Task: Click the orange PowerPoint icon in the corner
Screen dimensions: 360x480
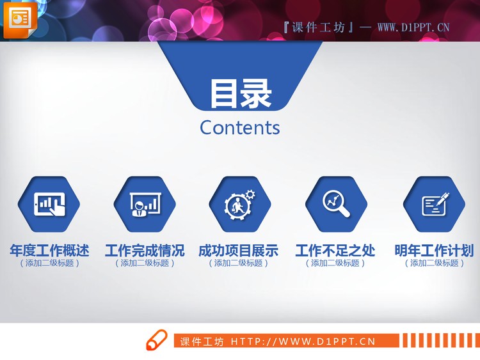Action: coord(20,19)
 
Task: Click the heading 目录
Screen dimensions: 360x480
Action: coord(241,93)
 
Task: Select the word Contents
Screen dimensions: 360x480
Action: coord(240,127)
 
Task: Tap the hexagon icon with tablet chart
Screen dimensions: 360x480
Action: coord(49,204)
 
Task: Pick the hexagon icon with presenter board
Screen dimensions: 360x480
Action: coord(145,204)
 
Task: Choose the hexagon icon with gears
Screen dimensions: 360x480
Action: coord(239,204)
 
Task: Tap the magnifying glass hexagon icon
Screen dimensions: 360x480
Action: coord(336,203)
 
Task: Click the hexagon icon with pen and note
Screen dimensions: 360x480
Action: coord(435,204)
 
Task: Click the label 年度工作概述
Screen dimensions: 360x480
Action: coord(49,250)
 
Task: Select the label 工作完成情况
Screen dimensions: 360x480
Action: coord(145,250)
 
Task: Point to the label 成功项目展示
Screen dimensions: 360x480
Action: coord(239,250)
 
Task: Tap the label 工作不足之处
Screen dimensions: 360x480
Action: coord(335,250)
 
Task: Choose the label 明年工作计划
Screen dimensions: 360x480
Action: coord(434,250)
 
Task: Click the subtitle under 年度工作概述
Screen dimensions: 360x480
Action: coord(49,263)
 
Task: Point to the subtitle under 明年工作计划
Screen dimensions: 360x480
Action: coord(434,263)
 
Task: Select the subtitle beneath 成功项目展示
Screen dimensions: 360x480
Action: coord(239,263)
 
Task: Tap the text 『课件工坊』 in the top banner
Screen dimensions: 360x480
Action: coord(317,27)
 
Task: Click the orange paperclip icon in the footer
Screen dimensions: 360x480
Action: coord(156,341)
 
